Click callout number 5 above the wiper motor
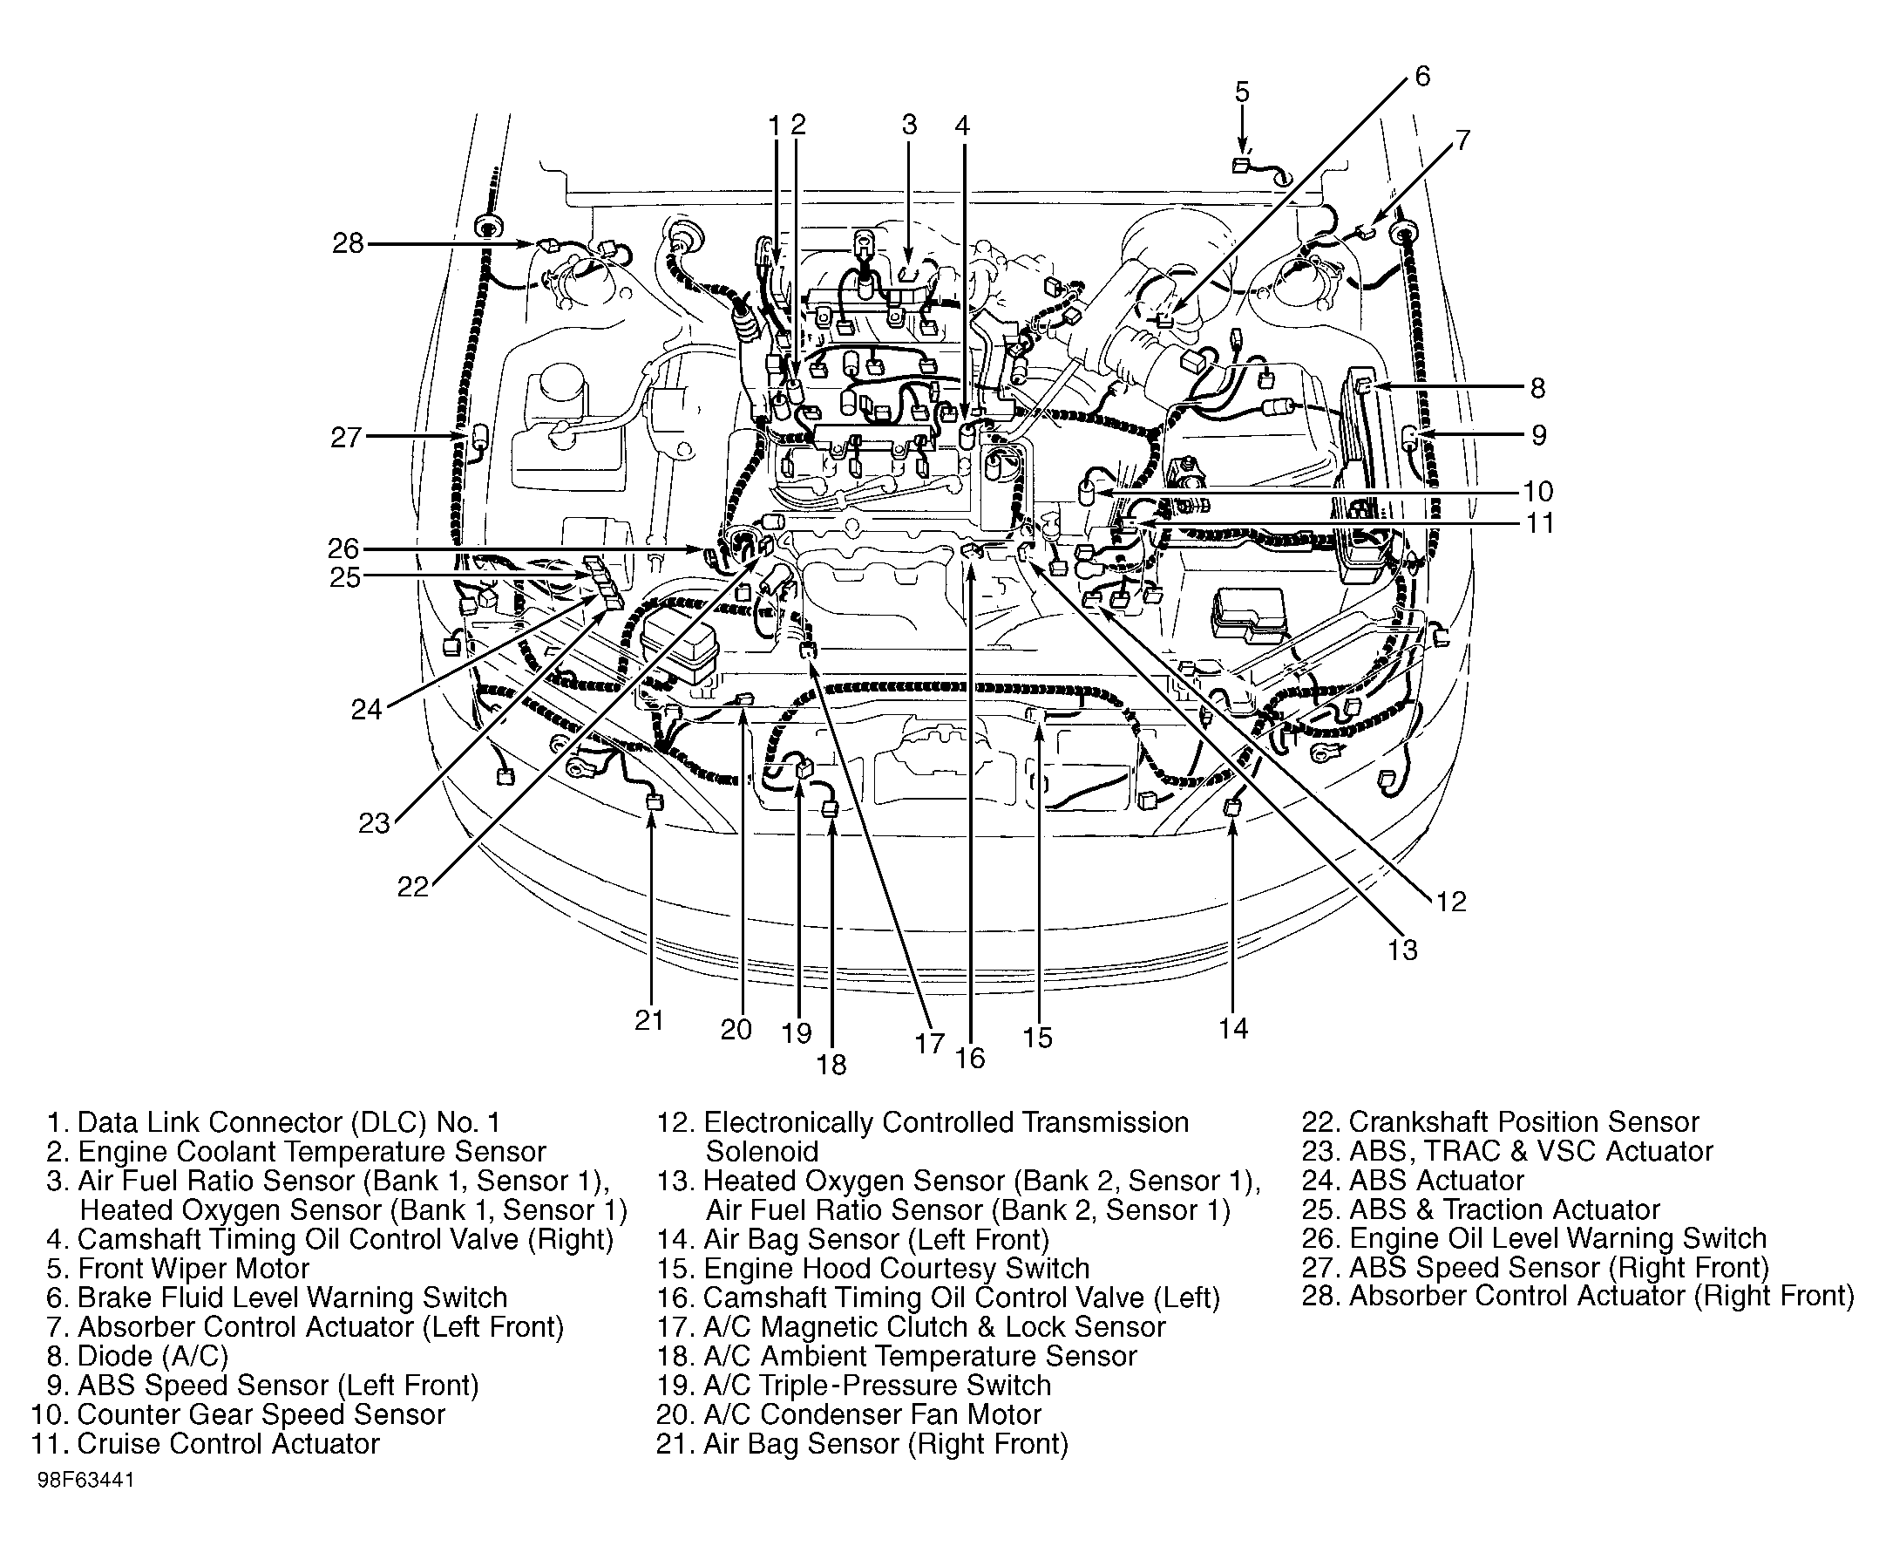tap(1242, 92)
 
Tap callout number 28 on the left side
tap(349, 243)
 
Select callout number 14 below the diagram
tap(1232, 1029)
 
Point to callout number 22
tap(413, 887)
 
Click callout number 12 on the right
tap(1451, 901)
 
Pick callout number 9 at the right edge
tap(1538, 435)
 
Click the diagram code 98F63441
tap(86, 1505)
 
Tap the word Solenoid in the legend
tap(762, 1151)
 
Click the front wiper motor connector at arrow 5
tap(1240, 166)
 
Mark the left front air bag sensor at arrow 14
tap(1231, 807)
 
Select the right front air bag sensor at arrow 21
tap(654, 800)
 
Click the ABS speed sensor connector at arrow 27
tap(479, 438)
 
